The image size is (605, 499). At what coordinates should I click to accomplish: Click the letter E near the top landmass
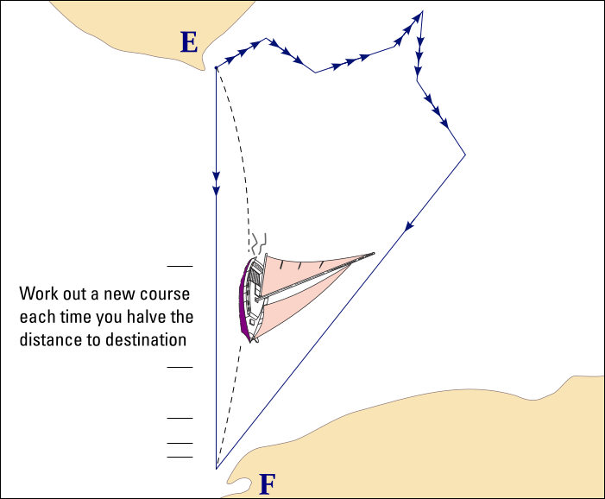[x=189, y=42]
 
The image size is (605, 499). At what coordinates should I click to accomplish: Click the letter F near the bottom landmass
[x=268, y=484]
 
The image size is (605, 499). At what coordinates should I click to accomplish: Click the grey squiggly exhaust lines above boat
[x=259, y=243]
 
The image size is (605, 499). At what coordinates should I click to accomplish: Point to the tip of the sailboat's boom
[x=374, y=253]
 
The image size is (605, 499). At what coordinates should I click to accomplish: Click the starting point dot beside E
[x=216, y=68]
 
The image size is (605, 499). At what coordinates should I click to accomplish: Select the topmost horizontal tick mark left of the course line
[x=180, y=266]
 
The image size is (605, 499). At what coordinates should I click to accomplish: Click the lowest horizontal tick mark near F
[x=180, y=457]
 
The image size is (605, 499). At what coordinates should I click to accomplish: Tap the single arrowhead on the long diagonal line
[x=409, y=225]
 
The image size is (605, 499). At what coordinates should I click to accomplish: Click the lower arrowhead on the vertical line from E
[x=216, y=191]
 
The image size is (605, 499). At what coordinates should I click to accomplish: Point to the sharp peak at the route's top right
[x=423, y=11]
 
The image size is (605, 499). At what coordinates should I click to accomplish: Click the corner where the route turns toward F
[x=465, y=155]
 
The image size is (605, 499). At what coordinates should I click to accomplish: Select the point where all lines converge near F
[x=217, y=469]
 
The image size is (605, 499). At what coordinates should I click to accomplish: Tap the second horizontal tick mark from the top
[x=180, y=367]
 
